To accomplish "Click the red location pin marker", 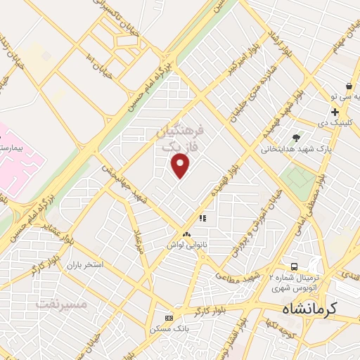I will tap(181, 165).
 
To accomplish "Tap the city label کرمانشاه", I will tap(309, 308).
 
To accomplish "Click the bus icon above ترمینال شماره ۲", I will tap(295, 266).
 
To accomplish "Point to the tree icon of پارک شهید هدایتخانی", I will tap(297, 138).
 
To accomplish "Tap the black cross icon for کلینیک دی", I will tap(335, 112).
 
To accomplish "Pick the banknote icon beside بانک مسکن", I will tap(168, 317).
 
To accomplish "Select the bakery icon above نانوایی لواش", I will tap(186, 234).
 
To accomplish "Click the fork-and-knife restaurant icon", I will tap(202, 218).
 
